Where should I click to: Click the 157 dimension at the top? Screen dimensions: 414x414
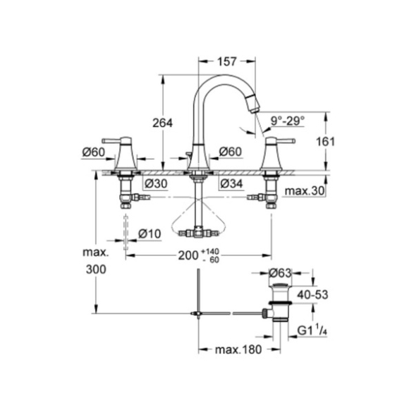coord(226,61)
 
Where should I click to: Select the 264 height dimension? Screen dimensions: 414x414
coord(162,123)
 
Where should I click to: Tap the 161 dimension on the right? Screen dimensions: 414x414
coord(325,142)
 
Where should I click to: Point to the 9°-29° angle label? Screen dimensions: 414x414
coord(288,121)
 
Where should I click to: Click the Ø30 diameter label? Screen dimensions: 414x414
coord(156,183)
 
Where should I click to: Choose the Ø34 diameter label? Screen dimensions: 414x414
coord(231,183)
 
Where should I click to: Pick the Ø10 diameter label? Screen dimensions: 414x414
coord(150,233)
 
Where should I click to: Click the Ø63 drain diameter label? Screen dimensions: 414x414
coord(280,273)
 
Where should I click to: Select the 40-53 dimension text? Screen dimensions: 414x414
coord(312,294)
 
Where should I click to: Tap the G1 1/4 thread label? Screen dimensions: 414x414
coord(312,331)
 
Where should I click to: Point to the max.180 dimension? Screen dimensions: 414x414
coord(238,350)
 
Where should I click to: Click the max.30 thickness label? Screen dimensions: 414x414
coord(305,190)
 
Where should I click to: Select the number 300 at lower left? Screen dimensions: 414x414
coord(96,269)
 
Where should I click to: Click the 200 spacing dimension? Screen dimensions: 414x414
coord(188,255)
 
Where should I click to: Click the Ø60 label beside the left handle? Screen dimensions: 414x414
coord(94,152)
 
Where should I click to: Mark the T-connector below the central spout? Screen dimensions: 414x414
coord(198,232)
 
